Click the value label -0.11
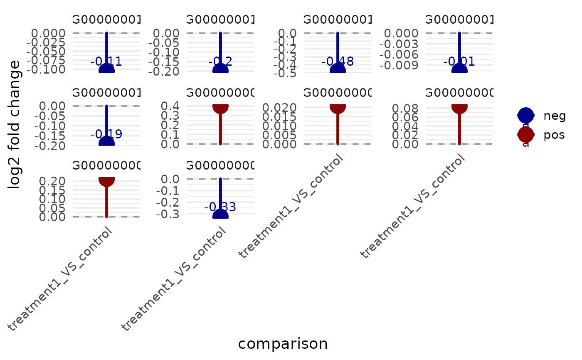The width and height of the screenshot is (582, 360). (x=106, y=62)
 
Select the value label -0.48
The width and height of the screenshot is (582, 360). (x=338, y=62)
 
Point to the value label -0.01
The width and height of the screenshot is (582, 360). (x=459, y=62)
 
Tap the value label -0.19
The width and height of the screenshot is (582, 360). (x=106, y=134)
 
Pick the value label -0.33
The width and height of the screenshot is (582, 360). (x=220, y=207)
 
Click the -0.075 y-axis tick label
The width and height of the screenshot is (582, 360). (x=47, y=60)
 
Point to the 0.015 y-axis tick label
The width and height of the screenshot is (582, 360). (x=279, y=117)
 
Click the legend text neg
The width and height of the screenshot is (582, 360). (x=555, y=116)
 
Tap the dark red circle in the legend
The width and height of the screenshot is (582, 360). (x=525, y=134)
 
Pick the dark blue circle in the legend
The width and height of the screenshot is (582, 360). (x=525, y=115)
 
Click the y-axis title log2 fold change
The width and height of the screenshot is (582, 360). (x=15, y=125)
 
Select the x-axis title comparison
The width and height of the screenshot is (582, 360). (x=283, y=344)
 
